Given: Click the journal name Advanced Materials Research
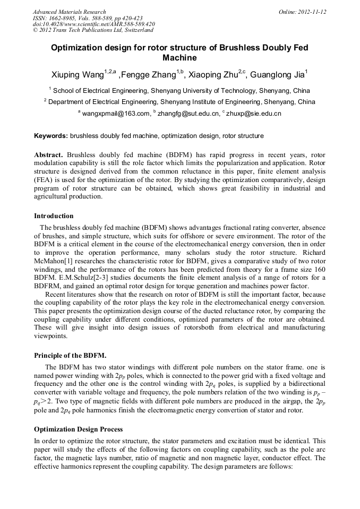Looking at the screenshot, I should tap(69, 12).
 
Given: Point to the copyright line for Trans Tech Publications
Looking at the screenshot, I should tap(93, 30).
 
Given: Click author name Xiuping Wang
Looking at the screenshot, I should tap(78, 74).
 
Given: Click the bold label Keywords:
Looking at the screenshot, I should tap(51, 136).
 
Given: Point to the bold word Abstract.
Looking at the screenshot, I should tap(49, 154).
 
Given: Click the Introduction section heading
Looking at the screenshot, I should tap(54, 216).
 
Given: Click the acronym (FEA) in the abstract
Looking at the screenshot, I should tap(44, 180).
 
